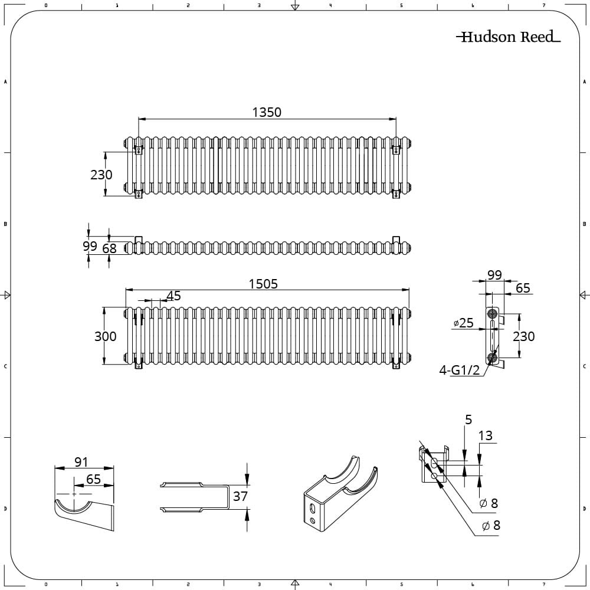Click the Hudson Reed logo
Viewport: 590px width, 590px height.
[508, 37]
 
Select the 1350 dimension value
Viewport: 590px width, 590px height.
[267, 112]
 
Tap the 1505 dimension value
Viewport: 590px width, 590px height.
[263, 284]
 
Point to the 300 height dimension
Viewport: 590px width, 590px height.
[106, 336]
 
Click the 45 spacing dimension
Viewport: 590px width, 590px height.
[173, 296]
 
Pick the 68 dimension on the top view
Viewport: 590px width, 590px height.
[110, 248]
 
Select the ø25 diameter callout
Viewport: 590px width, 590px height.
[464, 323]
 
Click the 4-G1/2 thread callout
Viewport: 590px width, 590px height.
[460, 371]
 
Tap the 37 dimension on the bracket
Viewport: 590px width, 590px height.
[240, 496]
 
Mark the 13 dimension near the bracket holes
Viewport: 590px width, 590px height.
[485, 436]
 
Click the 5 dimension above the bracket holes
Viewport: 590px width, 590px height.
[468, 419]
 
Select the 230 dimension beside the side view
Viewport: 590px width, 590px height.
[523, 336]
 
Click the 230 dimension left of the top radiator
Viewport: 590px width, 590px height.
[101, 175]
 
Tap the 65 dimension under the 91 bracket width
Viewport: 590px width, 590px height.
[94, 479]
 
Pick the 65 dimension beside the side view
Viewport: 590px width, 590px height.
[523, 289]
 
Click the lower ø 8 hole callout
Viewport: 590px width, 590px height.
[491, 525]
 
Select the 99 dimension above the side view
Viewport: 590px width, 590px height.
[494, 274]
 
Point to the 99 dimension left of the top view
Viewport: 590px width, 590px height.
[90, 246]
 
